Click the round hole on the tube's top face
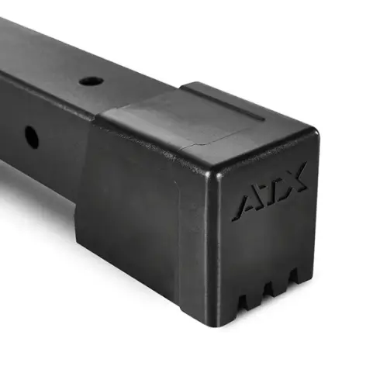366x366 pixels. pos(91,82)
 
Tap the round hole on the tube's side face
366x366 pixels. pos(32,136)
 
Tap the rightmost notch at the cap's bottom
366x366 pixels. pos(293,276)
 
